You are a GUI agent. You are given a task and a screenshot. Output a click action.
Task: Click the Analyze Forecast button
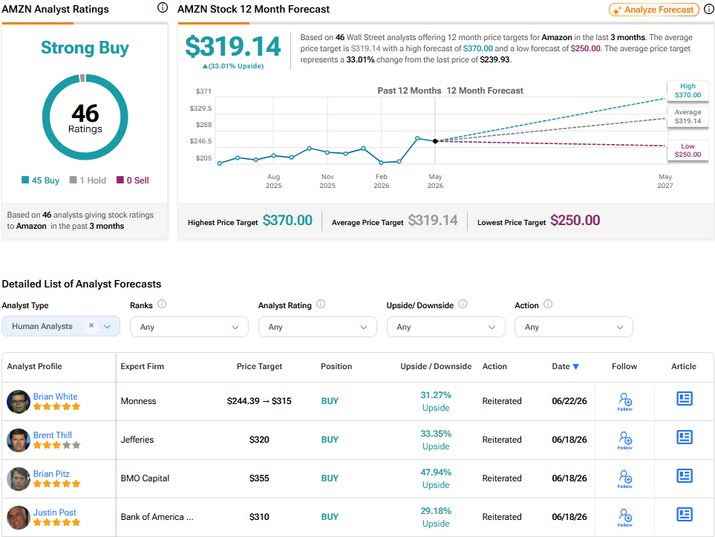click(x=654, y=10)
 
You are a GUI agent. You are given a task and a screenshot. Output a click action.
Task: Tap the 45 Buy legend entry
click(x=41, y=180)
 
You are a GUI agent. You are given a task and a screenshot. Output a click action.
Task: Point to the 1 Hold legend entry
click(x=88, y=180)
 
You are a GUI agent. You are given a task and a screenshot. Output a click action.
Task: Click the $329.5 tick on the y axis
click(x=200, y=108)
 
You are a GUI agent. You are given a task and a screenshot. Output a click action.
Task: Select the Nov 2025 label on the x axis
click(x=327, y=181)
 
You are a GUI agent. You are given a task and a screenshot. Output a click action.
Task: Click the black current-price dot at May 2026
click(x=435, y=141)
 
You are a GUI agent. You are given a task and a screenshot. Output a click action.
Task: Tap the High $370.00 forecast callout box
click(x=688, y=91)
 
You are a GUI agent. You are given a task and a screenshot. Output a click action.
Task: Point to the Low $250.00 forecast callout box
click(x=688, y=150)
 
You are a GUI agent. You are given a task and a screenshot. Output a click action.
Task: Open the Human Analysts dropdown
click(x=61, y=326)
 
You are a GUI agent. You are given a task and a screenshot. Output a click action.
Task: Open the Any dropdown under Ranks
click(x=189, y=327)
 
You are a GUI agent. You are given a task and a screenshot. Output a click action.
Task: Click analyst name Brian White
click(x=55, y=397)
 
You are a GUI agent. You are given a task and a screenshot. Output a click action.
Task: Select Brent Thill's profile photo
click(x=19, y=440)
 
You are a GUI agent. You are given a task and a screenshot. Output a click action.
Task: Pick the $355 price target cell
click(x=259, y=478)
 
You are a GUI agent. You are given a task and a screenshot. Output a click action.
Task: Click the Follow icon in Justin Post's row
click(x=624, y=518)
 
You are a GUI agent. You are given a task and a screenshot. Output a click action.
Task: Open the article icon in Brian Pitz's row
click(x=684, y=476)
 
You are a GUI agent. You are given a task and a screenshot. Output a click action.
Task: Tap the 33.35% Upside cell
click(x=436, y=440)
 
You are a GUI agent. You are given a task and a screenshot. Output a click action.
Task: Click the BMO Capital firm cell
click(x=145, y=478)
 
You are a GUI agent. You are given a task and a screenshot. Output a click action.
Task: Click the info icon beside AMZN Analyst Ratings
click(x=163, y=7)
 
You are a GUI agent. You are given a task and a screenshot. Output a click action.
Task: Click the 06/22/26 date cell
click(x=569, y=401)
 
